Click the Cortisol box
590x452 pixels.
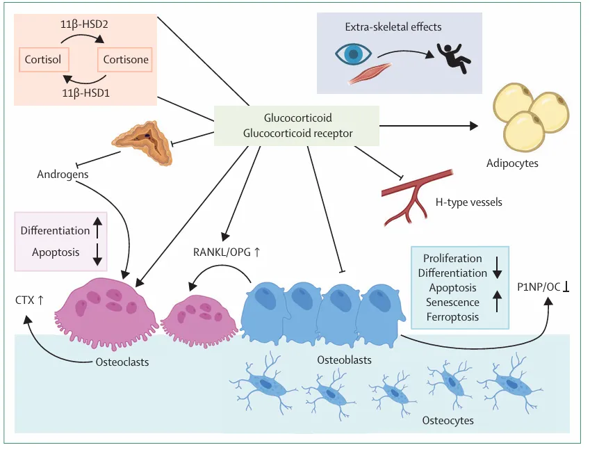pos(44,60)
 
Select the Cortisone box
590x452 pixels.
pos(125,60)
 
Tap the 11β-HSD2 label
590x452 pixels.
pos(84,24)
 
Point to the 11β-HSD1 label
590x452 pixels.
pos(85,92)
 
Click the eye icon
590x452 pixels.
pos(353,54)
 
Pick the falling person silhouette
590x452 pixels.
pos(453,58)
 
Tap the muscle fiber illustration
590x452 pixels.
pos(370,73)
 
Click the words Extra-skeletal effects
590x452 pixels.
pos(393,26)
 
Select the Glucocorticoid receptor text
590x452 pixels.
pos(297,134)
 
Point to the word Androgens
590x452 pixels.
pos(63,175)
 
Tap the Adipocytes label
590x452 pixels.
pos(512,163)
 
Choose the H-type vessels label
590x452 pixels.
pos(468,202)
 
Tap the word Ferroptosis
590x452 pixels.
pos(452,317)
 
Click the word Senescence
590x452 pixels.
pos(452,302)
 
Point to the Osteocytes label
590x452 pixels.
pos(448,420)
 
